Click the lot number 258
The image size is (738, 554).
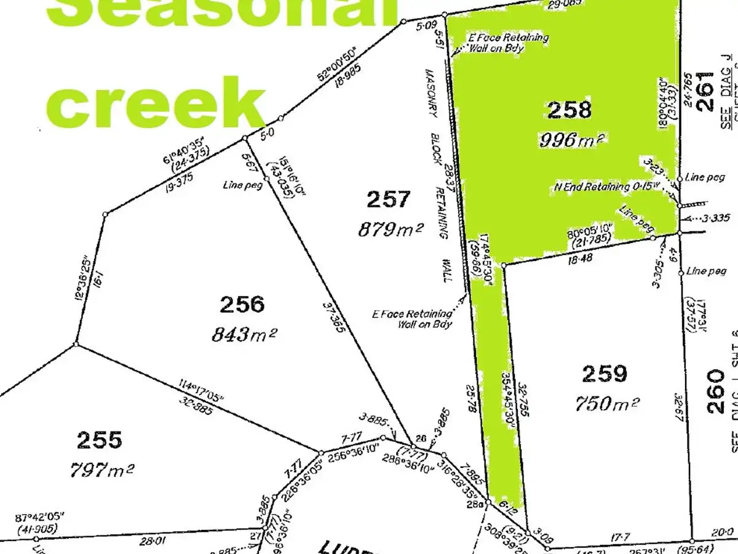click(569, 110)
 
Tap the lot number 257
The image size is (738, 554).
click(388, 199)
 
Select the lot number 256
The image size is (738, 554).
click(242, 304)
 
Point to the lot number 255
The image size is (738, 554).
click(100, 440)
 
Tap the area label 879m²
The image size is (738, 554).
click(391, 230)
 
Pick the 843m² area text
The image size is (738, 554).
click(244, 334)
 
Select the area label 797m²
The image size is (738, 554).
click(102, 470)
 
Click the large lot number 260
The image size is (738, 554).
click(716, 391)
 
